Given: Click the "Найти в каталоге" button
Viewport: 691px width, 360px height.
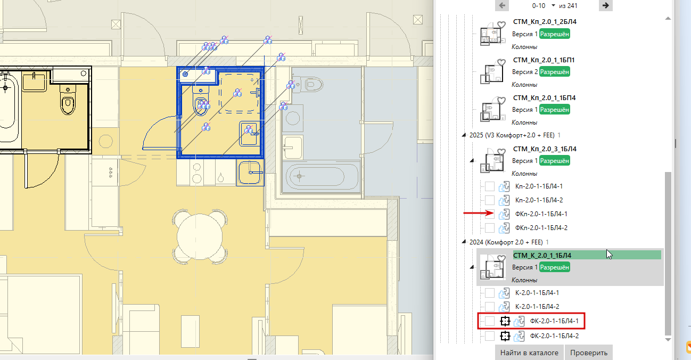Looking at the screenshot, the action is point(529,353).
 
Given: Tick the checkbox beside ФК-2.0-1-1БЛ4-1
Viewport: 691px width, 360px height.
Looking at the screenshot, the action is point(490,321).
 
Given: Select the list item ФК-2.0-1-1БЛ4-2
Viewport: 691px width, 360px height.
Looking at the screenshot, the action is point(554,336).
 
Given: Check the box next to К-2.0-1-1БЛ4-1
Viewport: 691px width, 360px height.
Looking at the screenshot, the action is point(490,293).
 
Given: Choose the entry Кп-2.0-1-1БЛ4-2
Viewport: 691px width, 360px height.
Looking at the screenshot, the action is point(539,200).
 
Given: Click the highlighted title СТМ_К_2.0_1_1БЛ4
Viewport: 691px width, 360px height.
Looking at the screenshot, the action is point(542,256).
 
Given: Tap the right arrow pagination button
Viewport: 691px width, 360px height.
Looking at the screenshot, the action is point(605,5).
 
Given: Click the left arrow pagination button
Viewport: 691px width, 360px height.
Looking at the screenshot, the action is point(502,5).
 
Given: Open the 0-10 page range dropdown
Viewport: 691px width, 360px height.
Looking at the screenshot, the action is point(553,5).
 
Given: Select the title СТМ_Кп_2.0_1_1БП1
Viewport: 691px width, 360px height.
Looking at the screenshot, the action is point(544,60).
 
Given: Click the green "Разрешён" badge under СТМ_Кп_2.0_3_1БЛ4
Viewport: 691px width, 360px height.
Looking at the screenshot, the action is point(554,161).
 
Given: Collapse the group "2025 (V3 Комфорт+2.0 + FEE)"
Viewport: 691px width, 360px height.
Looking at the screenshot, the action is point(464,135).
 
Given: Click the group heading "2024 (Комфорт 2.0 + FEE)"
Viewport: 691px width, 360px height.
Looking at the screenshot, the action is point(506,242).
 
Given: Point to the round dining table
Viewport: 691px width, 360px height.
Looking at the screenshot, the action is point(200,237).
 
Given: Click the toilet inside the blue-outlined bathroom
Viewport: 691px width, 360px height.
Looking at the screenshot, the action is point(201,100).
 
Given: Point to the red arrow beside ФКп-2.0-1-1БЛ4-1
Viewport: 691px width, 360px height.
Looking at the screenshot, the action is point(479,213).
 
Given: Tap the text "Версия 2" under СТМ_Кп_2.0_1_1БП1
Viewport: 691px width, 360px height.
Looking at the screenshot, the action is point(525,72).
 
